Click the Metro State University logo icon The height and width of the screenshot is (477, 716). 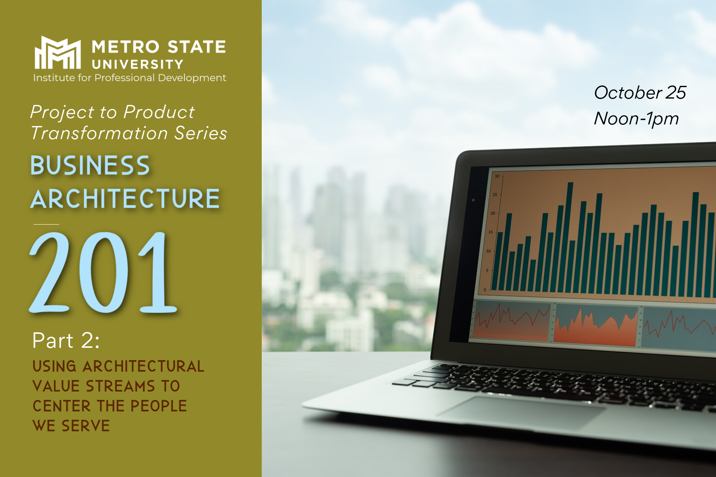58,52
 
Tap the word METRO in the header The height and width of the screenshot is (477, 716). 126,47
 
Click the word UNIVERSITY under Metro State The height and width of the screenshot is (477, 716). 138,64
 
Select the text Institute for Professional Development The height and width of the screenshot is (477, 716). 130,78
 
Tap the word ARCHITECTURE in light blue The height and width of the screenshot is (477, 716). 125,199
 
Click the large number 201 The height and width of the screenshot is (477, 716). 103,272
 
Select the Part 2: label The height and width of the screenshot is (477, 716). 66,341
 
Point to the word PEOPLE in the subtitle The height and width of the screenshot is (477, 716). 159,406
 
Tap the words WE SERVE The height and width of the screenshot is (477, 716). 71,426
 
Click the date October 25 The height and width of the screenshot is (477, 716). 640,93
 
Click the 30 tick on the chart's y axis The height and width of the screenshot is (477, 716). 497,176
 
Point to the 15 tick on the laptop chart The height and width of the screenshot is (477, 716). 490,232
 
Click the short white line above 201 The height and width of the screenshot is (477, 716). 46,224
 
